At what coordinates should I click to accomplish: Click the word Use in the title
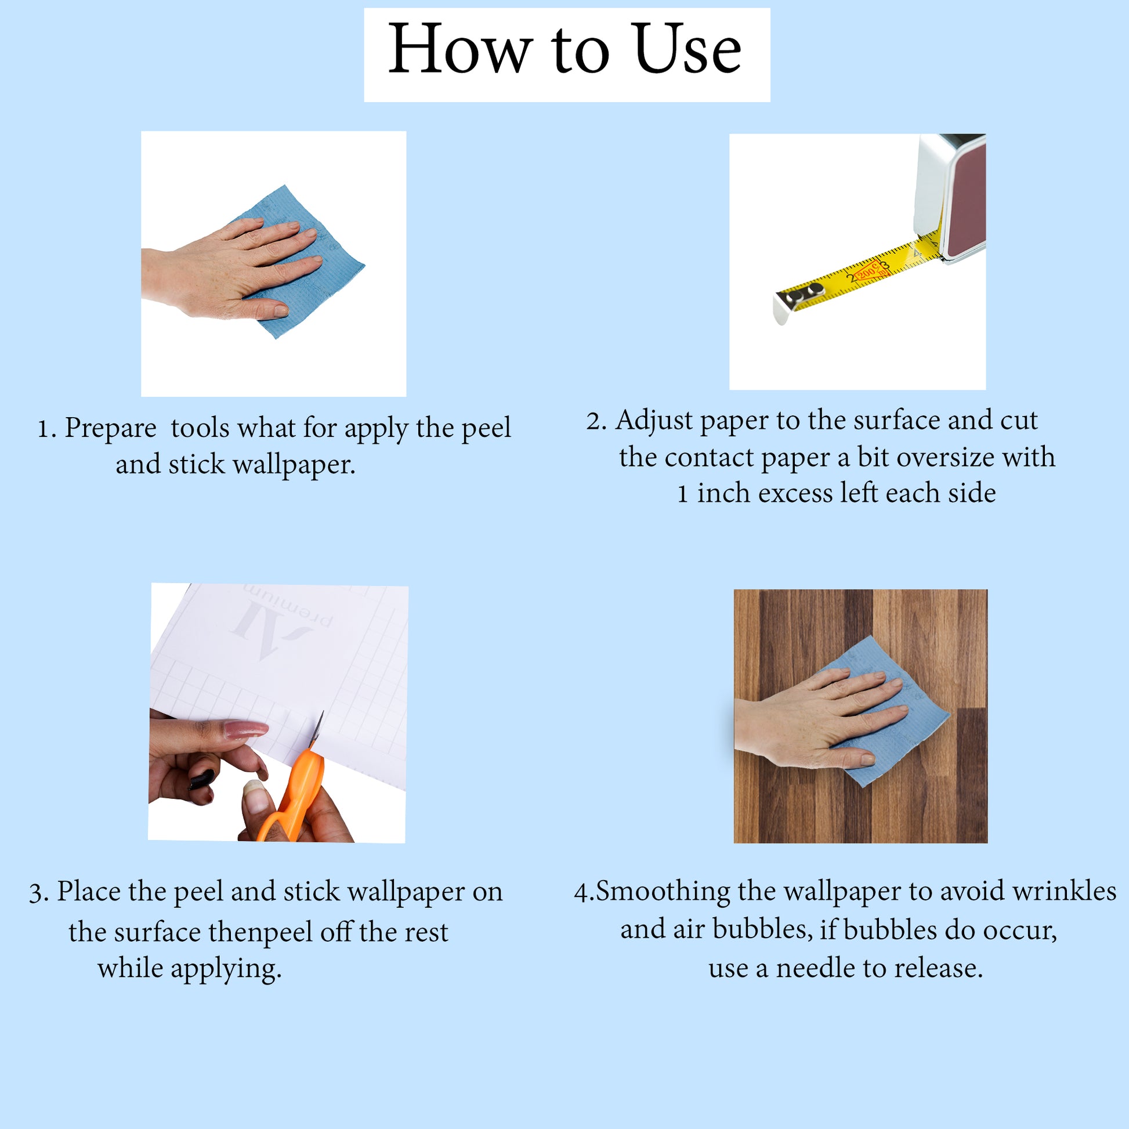687,50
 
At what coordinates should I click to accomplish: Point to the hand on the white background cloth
231,269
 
